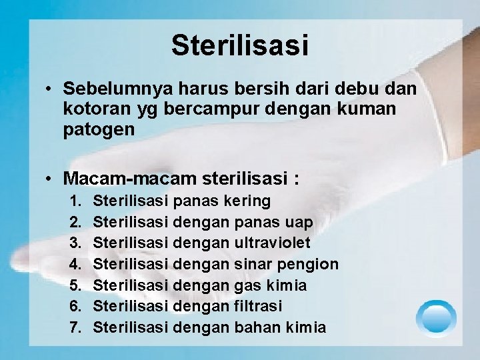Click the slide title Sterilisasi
[240, 45]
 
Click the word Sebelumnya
[117, 89]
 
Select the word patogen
[99, 129]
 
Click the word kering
[247, 201]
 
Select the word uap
[298, 222]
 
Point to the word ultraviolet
[273, 243]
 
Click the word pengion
[308, 264]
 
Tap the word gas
[248, 285]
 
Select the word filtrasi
[258, 306]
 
